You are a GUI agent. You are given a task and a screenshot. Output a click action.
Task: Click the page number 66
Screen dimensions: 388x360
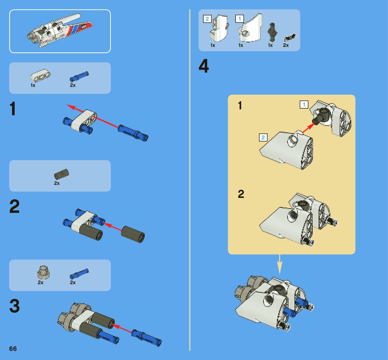coord(13,349)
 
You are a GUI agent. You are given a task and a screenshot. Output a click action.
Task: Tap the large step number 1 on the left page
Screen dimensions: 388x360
coord(13,109)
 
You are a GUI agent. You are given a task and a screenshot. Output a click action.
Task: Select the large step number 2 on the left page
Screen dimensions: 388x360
coord(14,206)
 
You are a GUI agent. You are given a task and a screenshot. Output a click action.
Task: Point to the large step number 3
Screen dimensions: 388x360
coord(14,306)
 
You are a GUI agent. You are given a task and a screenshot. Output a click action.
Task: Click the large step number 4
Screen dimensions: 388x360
coord(204,66)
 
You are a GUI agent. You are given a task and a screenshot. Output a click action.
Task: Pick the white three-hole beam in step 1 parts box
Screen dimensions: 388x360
coord(40,75)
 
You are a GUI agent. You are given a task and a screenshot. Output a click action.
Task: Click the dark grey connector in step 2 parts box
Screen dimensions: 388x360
coord(61,174)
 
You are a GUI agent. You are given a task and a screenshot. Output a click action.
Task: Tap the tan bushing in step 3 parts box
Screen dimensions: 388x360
coord(43,272)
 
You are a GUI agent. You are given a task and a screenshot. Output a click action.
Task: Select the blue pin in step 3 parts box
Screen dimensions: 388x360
coord(79,274)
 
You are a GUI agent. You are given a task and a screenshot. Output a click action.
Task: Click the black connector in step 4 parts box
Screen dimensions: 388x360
coord(272,33)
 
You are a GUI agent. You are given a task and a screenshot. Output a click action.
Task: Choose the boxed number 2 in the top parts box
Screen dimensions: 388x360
coord(207,19)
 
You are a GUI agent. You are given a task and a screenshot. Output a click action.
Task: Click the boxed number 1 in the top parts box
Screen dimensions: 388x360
coord(239,19)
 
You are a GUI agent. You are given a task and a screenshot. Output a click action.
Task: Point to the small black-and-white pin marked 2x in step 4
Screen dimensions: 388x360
coord(290,37)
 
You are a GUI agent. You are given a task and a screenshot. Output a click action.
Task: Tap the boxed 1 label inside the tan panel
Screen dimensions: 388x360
coord(304,104)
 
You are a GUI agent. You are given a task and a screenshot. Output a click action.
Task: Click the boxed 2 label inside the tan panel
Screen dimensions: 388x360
coord(263,137)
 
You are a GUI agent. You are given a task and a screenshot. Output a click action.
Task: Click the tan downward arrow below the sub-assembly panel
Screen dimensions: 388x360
coord(280,264)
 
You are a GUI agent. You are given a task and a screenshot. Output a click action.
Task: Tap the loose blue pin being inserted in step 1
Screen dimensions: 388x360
coord(133,133)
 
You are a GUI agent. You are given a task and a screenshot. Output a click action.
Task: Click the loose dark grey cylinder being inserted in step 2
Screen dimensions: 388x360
coord(133,234)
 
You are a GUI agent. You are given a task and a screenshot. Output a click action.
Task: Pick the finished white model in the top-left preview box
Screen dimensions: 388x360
coord(60,31)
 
